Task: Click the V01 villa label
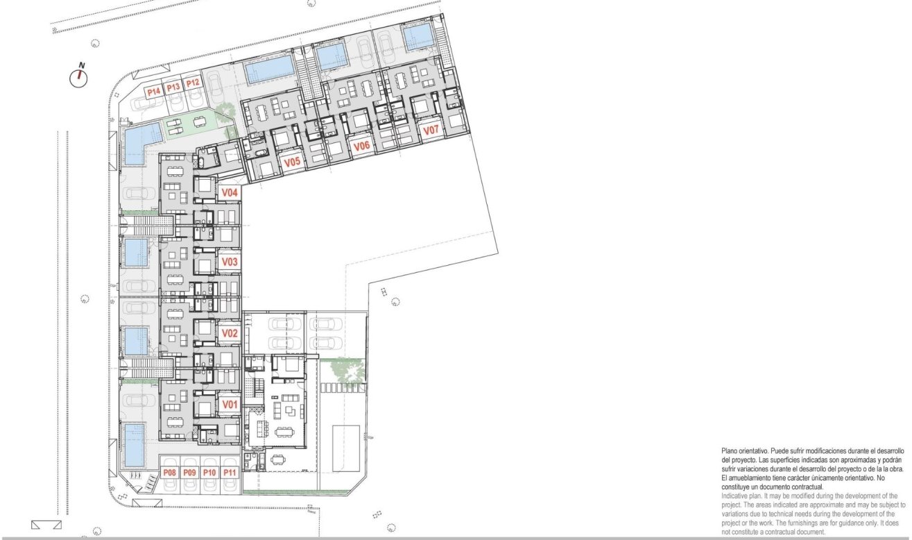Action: [230, 404]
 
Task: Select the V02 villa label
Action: [230, 333]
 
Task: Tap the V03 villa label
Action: [230, 262]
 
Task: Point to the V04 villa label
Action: [230, 192]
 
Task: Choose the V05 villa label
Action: [293, 162]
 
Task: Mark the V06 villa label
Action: [361, 146]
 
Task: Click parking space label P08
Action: [169, 473]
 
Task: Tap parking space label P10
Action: [210, 473]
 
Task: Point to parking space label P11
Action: [231, 473]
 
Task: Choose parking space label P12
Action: [192, 83]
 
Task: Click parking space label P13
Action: [173, 87]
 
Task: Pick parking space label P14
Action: [153, 91]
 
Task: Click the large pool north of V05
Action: [269, 69]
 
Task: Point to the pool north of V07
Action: [418, 37]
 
